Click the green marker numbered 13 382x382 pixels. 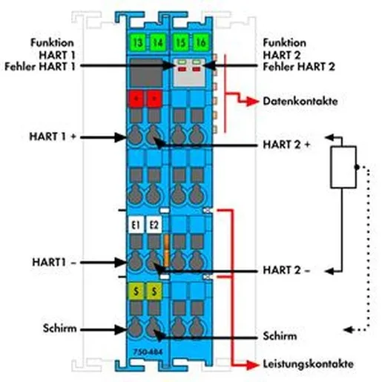[138, 42]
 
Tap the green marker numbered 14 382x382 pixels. [158, 42]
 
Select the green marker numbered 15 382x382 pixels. [180, 42]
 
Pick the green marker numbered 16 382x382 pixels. [200, 42]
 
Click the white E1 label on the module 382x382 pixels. [136, 225]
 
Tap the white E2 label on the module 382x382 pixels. [154, 225]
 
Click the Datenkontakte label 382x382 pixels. [300, 102]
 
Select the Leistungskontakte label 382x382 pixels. [308, 364]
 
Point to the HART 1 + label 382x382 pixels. [53, 136]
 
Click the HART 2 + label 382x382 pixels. [286, 145]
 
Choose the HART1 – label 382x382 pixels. [54, 262]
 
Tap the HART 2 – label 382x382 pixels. [286, 270]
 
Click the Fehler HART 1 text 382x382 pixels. [40, 67]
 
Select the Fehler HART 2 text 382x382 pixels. [299, 67]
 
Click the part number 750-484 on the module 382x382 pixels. [148, 352]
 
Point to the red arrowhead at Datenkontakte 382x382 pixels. [253, 102]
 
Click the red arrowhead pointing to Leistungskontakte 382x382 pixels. [253, 365]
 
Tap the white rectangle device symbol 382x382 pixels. [343, 167]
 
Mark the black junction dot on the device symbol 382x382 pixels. [357, 167]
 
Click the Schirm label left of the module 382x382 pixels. [59, 329]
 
